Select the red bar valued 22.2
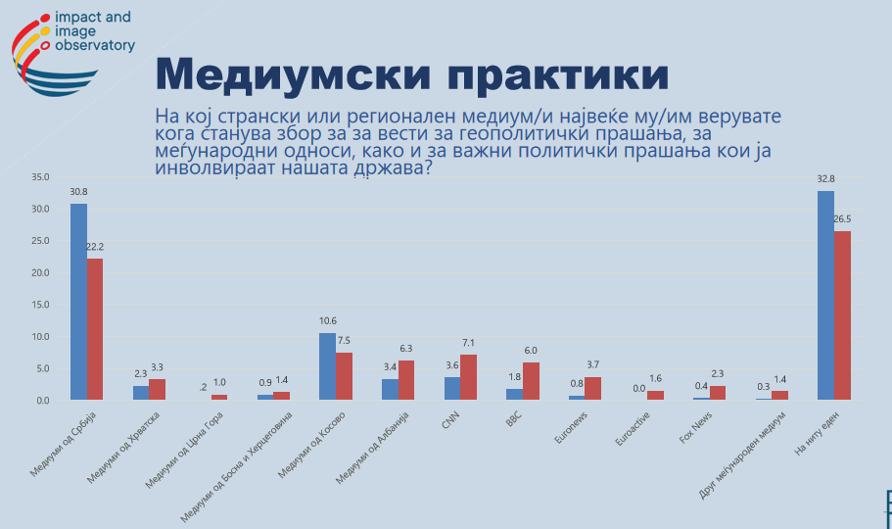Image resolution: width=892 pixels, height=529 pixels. pos(95,329)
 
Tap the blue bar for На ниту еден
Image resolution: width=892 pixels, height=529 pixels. pos(825,295)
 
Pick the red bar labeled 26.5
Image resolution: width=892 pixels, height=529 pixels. pos(842,315)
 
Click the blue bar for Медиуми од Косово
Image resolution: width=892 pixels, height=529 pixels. pos(328,366)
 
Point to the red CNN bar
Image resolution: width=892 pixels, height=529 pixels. pos(468,377)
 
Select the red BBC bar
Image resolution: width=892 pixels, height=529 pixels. pos(531,381)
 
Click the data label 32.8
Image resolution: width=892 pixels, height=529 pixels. pos(825,180)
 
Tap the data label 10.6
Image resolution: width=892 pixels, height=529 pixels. pos(328,321)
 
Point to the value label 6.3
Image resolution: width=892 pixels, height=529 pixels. pos(406,348)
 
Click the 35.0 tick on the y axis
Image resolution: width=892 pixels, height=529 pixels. pos(40,177)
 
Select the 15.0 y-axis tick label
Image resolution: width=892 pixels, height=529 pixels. pos(40,305)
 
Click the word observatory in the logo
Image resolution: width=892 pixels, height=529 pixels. pos(96,45)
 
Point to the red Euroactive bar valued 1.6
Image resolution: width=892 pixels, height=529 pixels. pos(655,395)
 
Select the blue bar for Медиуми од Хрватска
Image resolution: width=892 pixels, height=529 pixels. pos(141,393)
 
